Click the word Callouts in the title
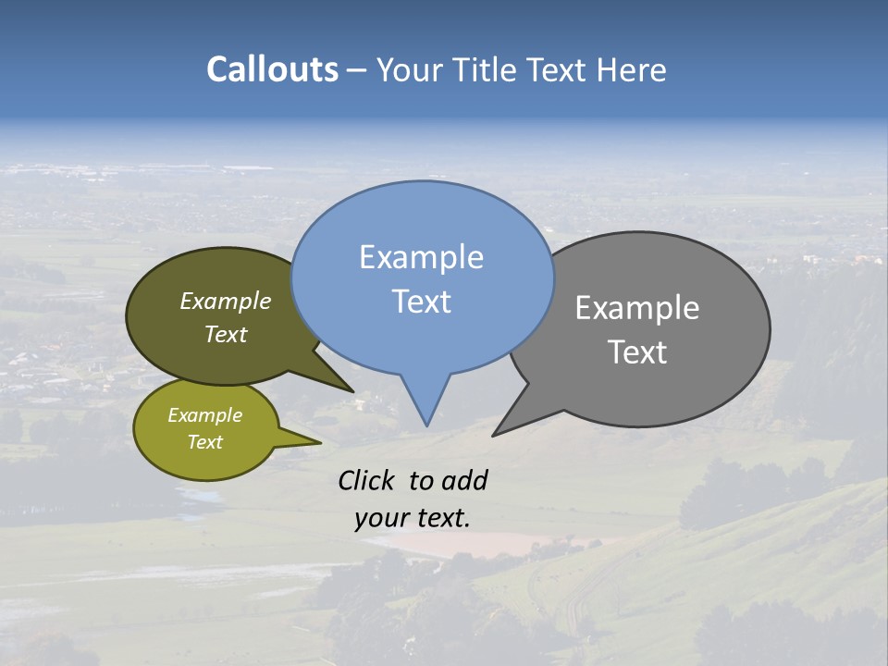click(x=272, y=69)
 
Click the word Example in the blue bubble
click(x=421, y=257)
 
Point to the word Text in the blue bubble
click(x=421, y=302)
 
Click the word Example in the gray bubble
click(x=637, y=308)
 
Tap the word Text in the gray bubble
click(x=637, y=352)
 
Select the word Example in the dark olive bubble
click(x=226, y=302)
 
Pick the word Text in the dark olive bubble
click(x=226, y=335)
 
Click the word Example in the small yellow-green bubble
click(x=205, y=415)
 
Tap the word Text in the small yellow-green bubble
click(x=205, y=442)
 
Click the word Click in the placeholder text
click(x=365, y=480)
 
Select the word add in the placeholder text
click(x=464, y=480)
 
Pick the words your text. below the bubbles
click(x=412, y=519)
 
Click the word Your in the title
click(x=409, y=69)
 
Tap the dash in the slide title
click(x=357, y=69)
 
